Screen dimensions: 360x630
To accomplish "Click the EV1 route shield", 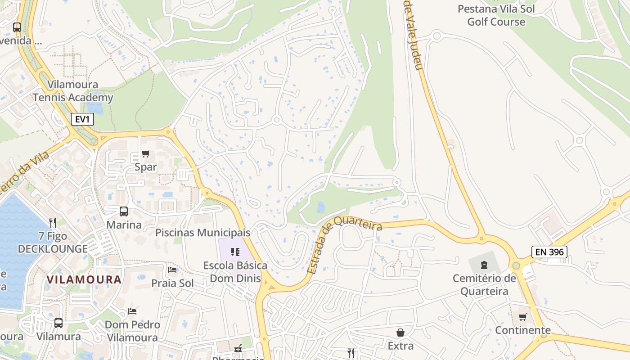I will click(x=82, y=119).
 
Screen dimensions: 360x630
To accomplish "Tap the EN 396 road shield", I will click(x=549, y=252).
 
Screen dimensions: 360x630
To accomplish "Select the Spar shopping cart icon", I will click(x=145, y=154).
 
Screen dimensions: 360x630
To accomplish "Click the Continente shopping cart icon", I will click(x=522, y=317).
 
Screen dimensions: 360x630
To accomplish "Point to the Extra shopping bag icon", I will click(x=400, y=333).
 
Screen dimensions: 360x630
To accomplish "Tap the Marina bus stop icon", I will click(x=123, y=211).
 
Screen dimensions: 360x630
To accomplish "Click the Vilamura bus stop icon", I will click(x=58, y=323).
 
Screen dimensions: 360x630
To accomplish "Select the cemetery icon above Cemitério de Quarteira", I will click(x=484, y=265).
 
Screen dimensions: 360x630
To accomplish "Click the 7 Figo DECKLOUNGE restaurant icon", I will click(x=53, y=222).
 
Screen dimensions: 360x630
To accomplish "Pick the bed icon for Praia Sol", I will click(x=172, y=270).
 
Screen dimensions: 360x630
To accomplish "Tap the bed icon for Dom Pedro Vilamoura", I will click(x=132, y=311).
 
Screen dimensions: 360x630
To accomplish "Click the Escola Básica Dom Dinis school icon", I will click(x=235, y=252).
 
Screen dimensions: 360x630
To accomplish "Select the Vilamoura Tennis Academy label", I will click(x=73, y=91).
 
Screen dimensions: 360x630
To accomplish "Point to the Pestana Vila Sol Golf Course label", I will click(x=496, y=15).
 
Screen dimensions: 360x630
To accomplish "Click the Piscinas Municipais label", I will click(x=202, y=233).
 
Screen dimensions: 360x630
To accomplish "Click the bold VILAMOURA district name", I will click(x=84, y=279).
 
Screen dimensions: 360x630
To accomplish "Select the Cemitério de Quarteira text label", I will click(x=484, y=285).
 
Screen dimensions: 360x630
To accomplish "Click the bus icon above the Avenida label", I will click(x=17, y=27).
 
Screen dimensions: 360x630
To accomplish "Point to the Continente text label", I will click(x=522, y=330).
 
